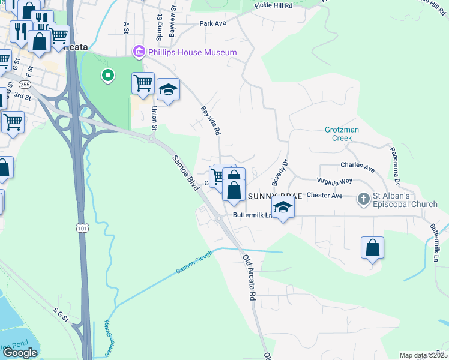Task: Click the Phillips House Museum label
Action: point(193,53)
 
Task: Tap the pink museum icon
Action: point(140,53)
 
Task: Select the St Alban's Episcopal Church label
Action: point(406,200)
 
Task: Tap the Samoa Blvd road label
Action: point(185,174)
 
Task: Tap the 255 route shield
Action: point(25,84)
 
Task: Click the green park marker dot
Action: point(107,75)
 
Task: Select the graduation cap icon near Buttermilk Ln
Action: point(283,208)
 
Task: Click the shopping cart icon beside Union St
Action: point(143,83)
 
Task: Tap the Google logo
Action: point(20,353)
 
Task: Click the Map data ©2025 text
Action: point(423,355)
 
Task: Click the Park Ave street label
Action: point(212,23)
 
